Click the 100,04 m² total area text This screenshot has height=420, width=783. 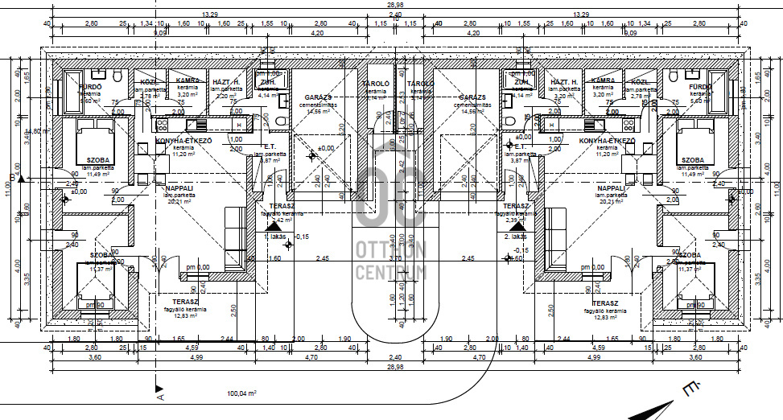(x=241, y=393)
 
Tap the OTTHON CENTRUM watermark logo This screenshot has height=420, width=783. (x=391, y=224)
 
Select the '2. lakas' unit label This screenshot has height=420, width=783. (x=515, y=237)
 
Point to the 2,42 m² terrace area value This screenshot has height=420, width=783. (x=282, y=219)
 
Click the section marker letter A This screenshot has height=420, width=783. (x=160, y=396)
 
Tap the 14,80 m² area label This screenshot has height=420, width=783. (x=33, y=131)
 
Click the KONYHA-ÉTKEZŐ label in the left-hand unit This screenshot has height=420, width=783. (x=183, y=141)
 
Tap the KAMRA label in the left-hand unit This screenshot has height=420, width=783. (x=188, y=81)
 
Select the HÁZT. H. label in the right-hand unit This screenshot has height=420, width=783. (x=565, y=81)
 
